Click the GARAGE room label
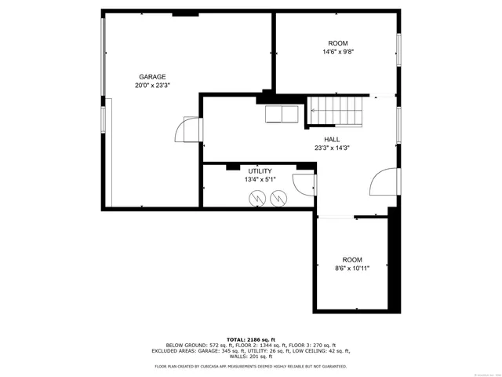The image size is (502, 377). (152, 77)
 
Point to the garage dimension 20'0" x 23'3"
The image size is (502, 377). (152, 86)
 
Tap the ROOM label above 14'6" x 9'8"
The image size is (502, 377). (337, 43)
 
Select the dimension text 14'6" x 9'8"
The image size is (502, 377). (337, 52)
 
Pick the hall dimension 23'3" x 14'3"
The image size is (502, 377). (332, 148)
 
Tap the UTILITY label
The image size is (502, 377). (260, 171)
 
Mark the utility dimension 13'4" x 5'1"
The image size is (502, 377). (260, 180)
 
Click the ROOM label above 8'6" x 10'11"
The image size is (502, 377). (352, 259)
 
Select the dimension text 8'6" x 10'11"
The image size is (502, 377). (352, 268)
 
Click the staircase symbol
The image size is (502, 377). (335, 111)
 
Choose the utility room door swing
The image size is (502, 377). (304, 185)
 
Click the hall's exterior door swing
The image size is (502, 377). (384, 182)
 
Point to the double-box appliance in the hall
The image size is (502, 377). (281, 114)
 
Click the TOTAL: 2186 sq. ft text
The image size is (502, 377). (251, 339)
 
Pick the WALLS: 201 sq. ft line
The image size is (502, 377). (251, 357)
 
